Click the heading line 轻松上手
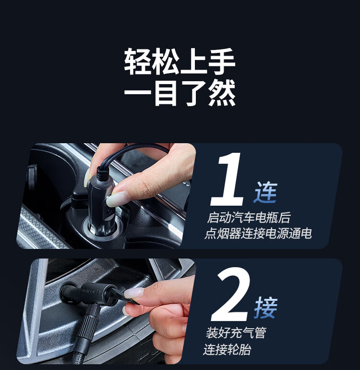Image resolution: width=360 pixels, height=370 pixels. tap(180, 62)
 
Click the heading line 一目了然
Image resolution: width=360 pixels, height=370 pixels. tap(180, 93)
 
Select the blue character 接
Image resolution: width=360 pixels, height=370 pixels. tap(266, 308)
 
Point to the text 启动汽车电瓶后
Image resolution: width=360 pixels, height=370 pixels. tap(249, 218)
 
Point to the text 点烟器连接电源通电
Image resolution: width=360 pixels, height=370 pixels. tap(258, 234)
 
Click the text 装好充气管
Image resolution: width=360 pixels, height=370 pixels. tap(236, 333)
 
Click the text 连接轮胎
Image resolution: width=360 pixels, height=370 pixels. tap(227, 349)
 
